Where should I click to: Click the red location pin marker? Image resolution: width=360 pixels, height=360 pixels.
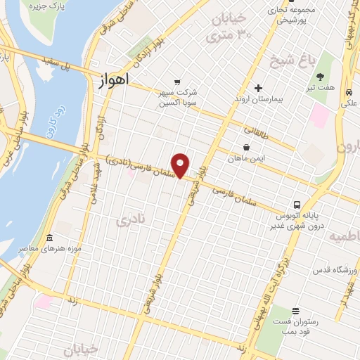(x=181, y=165)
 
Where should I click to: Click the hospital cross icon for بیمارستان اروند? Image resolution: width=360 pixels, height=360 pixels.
(x=258, y=89)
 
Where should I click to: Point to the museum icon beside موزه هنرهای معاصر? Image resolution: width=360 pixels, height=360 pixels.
(x=49, y=238)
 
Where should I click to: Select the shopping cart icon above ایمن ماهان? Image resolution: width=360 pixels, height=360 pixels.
(x=246, y=148)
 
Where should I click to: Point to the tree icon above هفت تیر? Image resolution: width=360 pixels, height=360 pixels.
(x=321, y=77)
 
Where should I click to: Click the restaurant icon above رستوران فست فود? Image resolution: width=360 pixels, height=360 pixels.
(x=295, y=310)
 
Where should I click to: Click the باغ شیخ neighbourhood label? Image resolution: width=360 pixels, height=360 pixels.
(x=291, y=61)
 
